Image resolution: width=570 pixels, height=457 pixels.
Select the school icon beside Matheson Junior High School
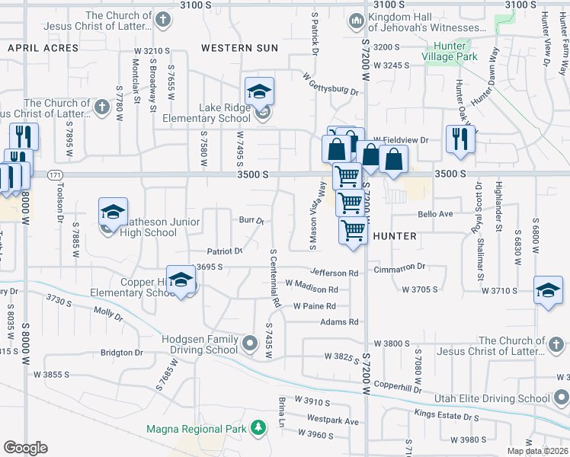click(x=113, y=211)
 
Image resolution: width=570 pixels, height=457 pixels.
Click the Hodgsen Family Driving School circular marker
click(x=251, y=344)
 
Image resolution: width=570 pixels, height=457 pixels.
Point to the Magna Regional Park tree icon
click(x=259, y=429)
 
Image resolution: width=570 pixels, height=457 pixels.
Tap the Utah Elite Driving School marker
click(x=562, y=398)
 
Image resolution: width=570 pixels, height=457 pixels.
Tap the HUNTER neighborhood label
click(x=395, y=236)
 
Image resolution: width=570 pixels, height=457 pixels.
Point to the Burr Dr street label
click(x=251, y=221)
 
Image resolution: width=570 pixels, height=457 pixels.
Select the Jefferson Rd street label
click(x=333, y=273)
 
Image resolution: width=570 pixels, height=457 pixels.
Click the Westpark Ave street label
click(x=332, y=420)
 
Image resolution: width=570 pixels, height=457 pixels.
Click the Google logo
click(x=25, y=448)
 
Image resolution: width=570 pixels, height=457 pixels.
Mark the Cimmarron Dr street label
click(x=399, y=267)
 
